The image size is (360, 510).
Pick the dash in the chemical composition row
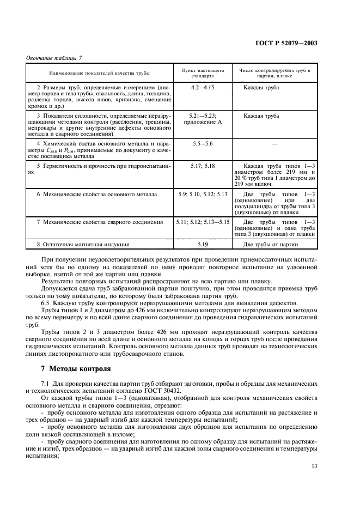pos(274,143)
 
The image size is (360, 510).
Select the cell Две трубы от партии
pos(271,244)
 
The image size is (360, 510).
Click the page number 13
pos(314,466)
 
